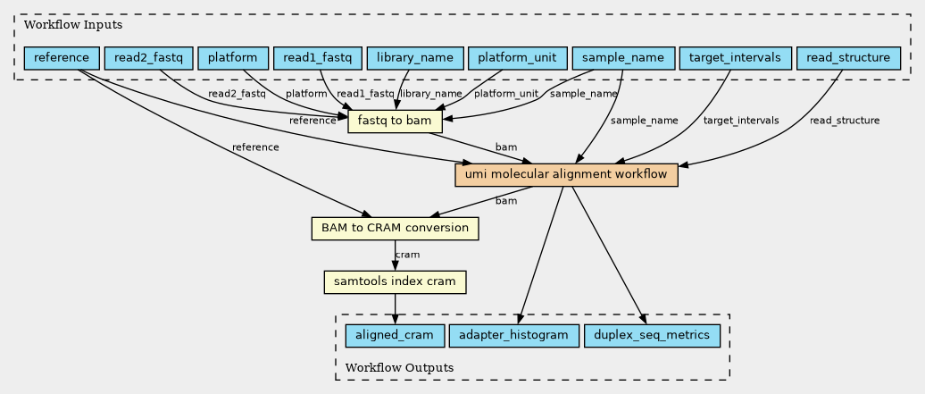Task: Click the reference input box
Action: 62,58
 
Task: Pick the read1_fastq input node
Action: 317,58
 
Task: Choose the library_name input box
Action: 414,58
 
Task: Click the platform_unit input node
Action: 517,58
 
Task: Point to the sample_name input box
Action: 623,58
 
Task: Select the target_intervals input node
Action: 735,58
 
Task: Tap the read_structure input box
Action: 848,58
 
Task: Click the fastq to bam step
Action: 395,122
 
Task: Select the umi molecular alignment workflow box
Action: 566,175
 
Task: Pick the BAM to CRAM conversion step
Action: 395,228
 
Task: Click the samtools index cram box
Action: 395,281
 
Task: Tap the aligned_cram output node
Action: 395,336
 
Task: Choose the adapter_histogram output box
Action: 513,336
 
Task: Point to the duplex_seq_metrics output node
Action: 652,336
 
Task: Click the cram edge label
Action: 407,255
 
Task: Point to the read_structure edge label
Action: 844,121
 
